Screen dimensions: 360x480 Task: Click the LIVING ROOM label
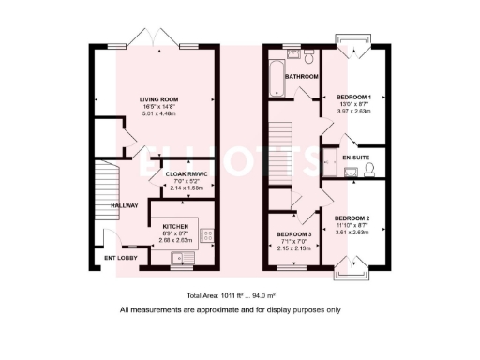click(x=159, y=99)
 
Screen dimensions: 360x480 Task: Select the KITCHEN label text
click(x=177, y=226)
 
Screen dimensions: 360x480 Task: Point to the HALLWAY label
click(x=125, y=205)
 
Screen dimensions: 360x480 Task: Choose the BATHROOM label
click(x=302, y=76)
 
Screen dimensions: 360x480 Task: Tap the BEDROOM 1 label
click(x=354, y=97)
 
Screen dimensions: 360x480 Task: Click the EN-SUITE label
click(x=355, y=157)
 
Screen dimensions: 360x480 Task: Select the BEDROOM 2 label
click(x=354, y=217)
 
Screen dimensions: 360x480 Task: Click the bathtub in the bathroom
click(x=273, y=79)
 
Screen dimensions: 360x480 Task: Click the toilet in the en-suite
click(x=370, y=169)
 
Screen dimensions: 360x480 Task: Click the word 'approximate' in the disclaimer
click(x=212, y=309)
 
